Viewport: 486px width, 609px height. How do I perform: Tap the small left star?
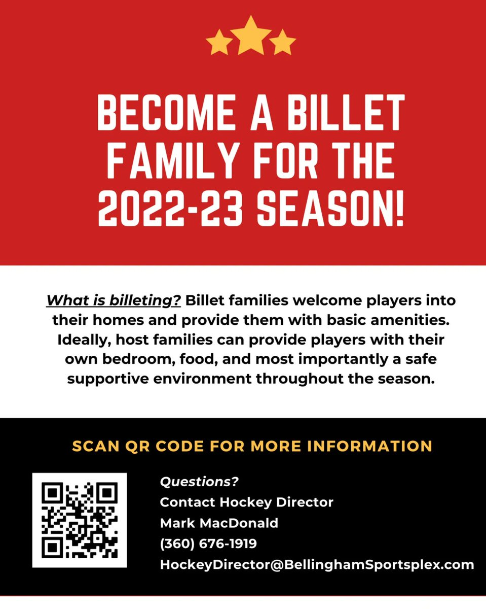pos(219,43)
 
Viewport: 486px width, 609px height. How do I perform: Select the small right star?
pos(282,43)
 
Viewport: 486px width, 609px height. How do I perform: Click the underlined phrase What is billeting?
pos(114,300)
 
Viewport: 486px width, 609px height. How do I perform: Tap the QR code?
pos(80,520)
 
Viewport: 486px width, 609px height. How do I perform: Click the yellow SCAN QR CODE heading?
pos(252,446)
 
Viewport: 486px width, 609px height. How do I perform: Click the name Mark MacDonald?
pos(219,523)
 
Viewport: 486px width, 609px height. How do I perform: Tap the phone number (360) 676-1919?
pos(208,544)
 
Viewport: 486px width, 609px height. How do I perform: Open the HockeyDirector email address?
pos(317,564)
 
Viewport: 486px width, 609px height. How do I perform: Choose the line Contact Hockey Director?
pos(246,502)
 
